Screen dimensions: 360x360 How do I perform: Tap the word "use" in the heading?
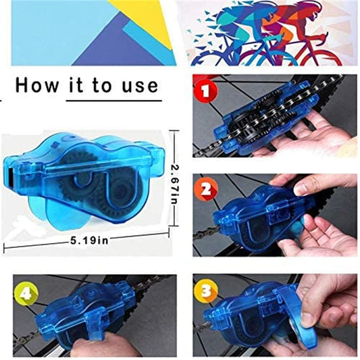[x=139, y=85]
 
